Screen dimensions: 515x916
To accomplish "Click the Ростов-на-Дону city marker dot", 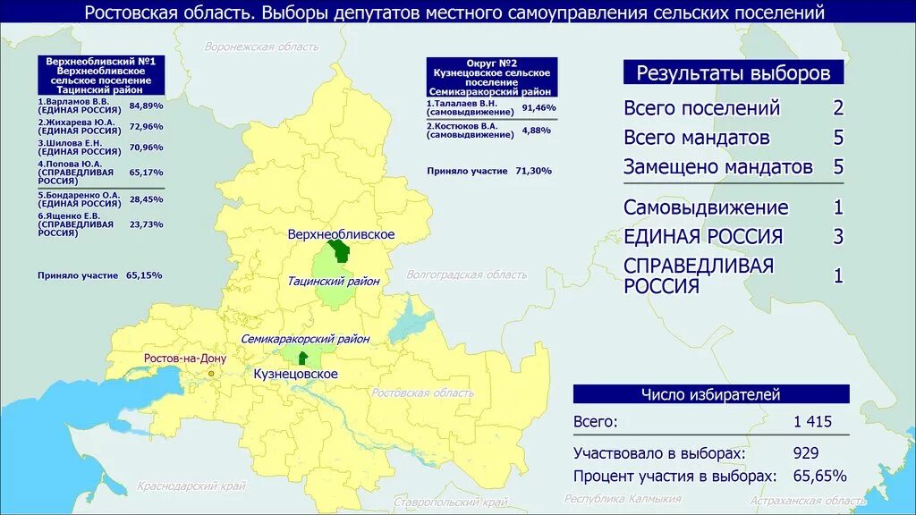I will (211, 373).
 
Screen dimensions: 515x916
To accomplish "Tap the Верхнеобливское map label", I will (341, 234).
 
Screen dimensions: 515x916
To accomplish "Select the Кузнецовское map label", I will (295, 374).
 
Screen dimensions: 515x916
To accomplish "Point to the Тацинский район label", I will (334, 281).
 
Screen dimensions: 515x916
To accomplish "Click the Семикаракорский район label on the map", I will (305, 340).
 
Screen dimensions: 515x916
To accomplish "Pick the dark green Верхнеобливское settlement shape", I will (341, 252).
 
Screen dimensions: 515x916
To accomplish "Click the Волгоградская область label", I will (466, 274).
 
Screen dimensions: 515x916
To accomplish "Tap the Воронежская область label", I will (261, 46).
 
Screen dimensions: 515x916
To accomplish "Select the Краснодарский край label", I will (191, 486).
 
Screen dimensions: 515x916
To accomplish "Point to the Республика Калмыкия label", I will (623, 499).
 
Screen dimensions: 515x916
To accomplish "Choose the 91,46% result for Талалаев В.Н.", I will (539, 108).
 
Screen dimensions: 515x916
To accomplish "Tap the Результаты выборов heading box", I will (733, 72).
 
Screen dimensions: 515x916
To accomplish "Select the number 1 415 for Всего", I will (812, 422).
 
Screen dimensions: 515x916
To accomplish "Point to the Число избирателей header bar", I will (711, 394).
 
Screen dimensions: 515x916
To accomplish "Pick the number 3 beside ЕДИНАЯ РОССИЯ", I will (838, 237).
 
